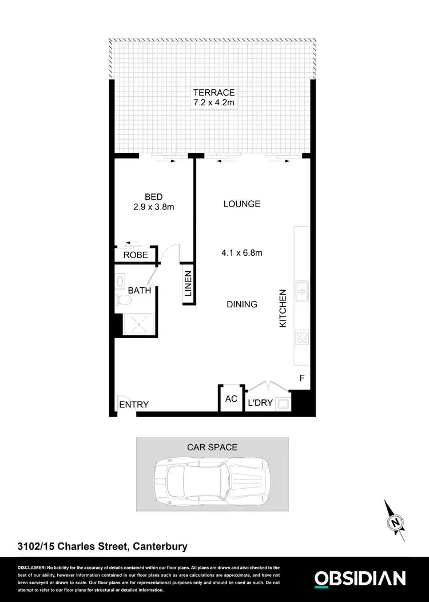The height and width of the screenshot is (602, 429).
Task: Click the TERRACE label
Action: click(x=214, y=93)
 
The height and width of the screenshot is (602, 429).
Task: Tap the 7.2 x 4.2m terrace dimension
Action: click(x=214, y=103)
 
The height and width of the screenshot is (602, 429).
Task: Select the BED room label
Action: click(x=153, y=197)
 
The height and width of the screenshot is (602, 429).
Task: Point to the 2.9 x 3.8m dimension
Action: click(x=153, y=207)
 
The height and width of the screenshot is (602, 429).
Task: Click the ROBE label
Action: click(x=136, y=255)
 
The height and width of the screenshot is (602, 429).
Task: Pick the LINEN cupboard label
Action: click(x=188, y=284)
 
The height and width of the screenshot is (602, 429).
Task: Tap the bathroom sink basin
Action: click(x=121, y=282)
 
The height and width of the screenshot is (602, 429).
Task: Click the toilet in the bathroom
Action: click(x=121, y=300)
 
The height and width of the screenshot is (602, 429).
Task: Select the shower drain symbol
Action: click(x=136, y=324)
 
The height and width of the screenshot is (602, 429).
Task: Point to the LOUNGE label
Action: click(x=241, y=204)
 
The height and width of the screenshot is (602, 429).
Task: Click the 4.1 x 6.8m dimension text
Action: click(x=241, y=253)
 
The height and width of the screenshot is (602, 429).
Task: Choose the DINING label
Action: click(x=241, y=304)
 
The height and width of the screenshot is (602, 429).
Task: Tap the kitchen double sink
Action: click(x=301, y=291)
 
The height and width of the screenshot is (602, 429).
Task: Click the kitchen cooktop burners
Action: click(x=301, y=338)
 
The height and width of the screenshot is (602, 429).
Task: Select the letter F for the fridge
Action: click(x=302, y=378)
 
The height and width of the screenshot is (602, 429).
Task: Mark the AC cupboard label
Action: click(x=231, y=399)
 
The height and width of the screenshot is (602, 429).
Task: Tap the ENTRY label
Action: click(x=134, y=405)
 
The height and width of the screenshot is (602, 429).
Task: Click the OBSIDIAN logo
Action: click(x=360, y=578)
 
